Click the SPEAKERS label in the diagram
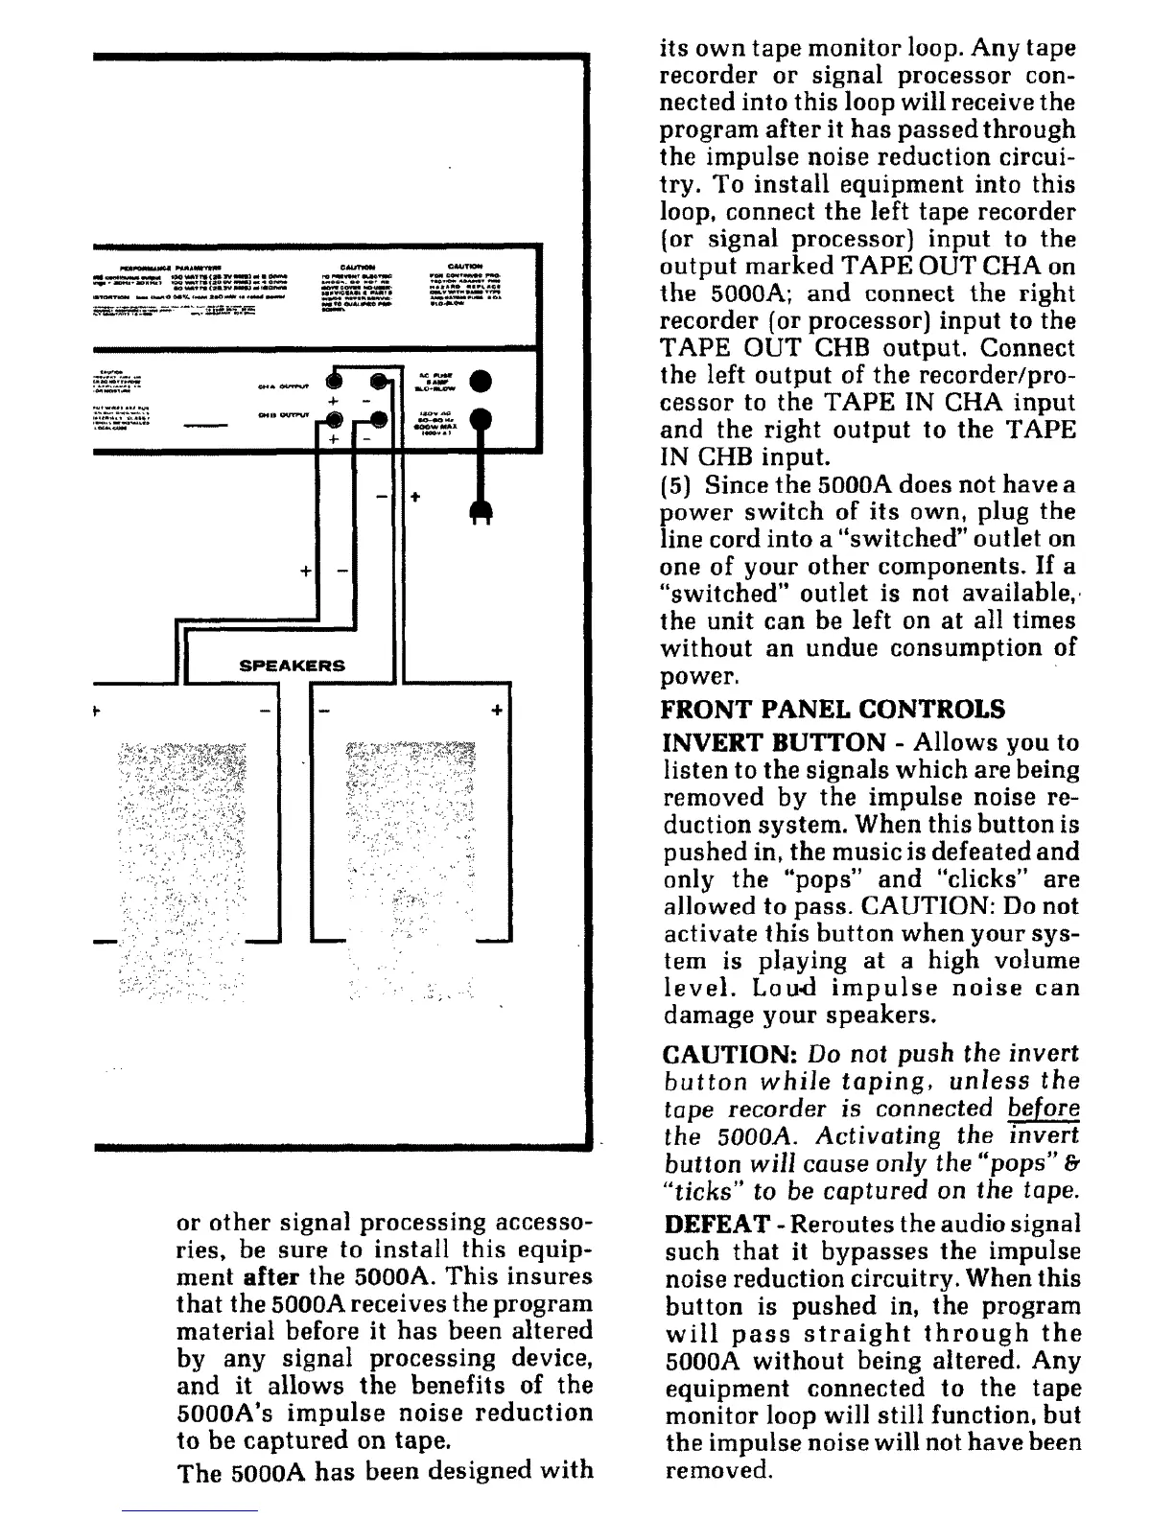pyautogui.click(x=292, y=666)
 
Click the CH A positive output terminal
pyautogui.click(x=335, y=379)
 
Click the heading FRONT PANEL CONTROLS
pyautogui.click(x=834, y=710)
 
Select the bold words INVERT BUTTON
pyautogui.click(x=774, y=742)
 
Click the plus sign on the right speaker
pyautogui.click(x=496, y=711)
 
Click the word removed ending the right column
pyautogui.click(x=717, y=1470)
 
